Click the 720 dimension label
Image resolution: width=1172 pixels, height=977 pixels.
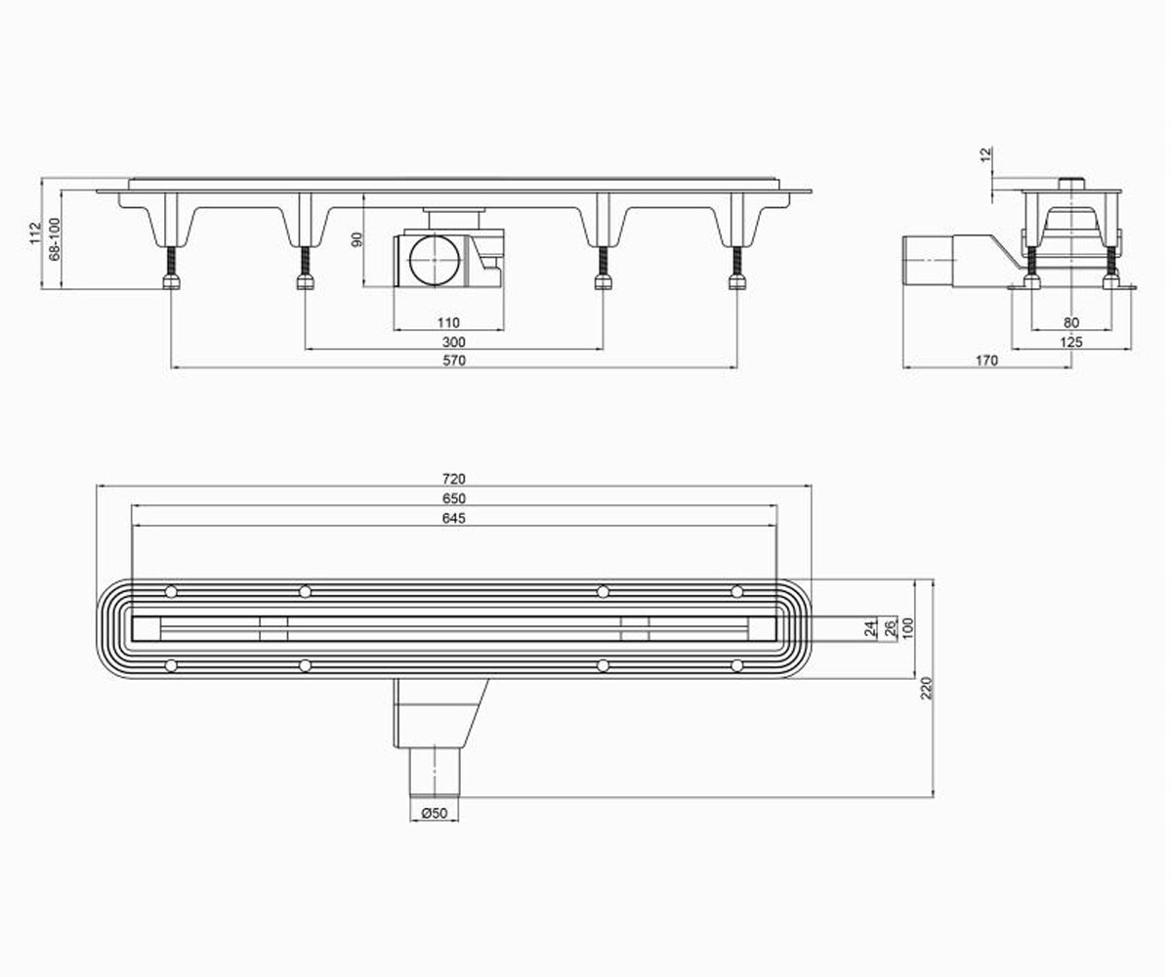click(x=453, y=479)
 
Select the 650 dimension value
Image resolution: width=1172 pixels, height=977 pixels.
click(x=453, y=498)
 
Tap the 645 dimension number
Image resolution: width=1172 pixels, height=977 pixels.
click(x=453, y=518)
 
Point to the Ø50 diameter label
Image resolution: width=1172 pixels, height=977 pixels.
click(x=435, y=813)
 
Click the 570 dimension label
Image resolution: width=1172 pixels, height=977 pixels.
click(x=454, y=361)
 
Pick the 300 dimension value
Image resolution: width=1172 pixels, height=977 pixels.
click(x=454, y=342)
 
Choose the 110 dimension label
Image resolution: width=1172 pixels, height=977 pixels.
click(x=448, y=322)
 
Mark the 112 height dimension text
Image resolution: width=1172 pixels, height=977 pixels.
click(x=35, y=234)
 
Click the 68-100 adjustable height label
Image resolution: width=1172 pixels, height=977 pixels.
click(x=55, y=239)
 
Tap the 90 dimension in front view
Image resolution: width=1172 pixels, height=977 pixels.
click(x=357, y=239)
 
